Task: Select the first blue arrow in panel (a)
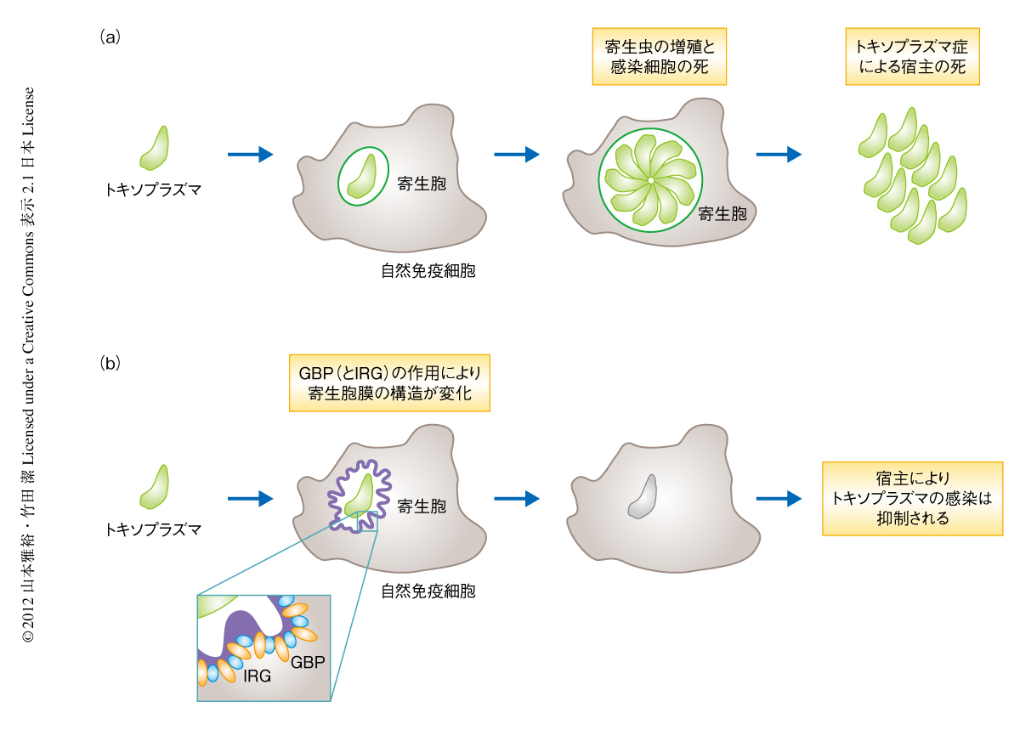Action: point(250,154)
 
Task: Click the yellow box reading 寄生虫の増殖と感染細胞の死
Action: point(660,58)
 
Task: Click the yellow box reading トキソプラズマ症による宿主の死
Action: point(912,58)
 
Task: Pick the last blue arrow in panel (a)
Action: point(779,154)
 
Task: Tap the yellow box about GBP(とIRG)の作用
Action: point(390,383)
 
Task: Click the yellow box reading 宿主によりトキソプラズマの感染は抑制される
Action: point(912,498)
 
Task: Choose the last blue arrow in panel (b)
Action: point(779,499)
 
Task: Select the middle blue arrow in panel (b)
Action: point(516,499)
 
